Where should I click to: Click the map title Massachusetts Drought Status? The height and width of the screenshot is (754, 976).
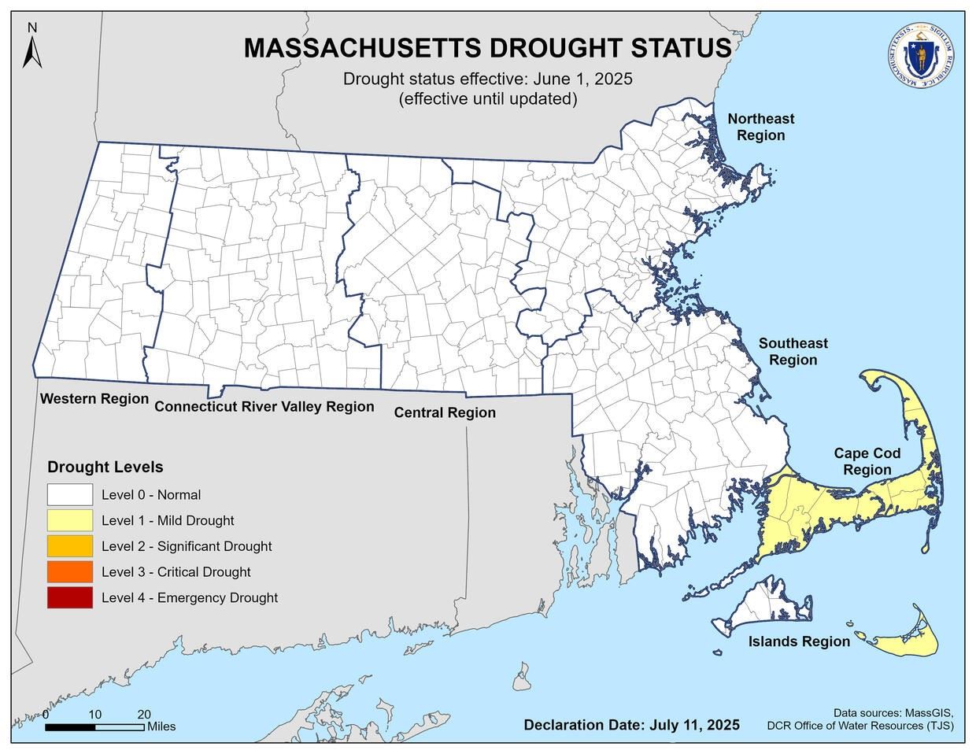tap(487, 48)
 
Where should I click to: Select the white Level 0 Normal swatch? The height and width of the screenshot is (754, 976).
tap(69, 495)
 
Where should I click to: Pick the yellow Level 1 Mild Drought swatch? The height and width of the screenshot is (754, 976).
tap(69, 520)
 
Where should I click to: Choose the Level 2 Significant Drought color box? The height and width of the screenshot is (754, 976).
tap(69, 546)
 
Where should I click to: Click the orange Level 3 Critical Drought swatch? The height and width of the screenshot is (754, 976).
tap(69, 572)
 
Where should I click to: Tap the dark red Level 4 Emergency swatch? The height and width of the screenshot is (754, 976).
tap(69, 598)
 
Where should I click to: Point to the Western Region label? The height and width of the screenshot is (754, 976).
tap(94, 399)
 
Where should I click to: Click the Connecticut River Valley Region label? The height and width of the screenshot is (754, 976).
tap(264, 407)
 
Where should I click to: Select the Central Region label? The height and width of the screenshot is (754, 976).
tap(445, 412)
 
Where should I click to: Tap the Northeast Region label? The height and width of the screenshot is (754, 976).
tap(760, 127)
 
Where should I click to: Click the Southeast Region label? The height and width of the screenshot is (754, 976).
tap(793, 352)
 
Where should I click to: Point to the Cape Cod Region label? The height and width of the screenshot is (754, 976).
tap(867, 462)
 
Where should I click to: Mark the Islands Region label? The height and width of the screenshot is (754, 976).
tap(799, 641)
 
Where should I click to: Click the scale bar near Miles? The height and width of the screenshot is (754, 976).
tap(94, 727)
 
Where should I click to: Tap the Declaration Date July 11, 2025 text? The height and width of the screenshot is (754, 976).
tap(631, 725)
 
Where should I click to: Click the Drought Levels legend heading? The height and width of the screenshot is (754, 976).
tap(105, 467)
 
